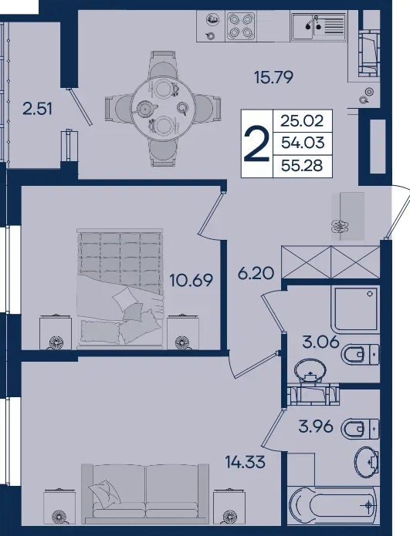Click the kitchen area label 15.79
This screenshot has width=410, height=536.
pos(274,77)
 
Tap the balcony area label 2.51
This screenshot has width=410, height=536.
pos(37,109)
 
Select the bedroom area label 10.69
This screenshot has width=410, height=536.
pos(191,280)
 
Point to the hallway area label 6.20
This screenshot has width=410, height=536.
pos(256,273)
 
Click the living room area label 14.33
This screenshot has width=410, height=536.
pos(245,462)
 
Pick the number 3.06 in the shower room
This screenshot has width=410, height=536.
pos(320,341)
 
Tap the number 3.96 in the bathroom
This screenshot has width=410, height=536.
pos(316,426)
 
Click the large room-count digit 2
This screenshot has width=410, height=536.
pos(256,143)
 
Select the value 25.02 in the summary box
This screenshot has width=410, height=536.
pos(302,121)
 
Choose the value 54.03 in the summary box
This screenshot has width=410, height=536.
pos(303,143)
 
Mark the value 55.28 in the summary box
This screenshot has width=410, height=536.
pos(302,166)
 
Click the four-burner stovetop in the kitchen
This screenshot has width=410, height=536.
pos(241,25)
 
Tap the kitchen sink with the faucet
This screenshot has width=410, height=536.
pos(318,25)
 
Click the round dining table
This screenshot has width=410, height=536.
pos(163,109)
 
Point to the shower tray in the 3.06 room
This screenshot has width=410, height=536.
pos(355,309)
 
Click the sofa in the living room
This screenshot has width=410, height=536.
pos(145,493)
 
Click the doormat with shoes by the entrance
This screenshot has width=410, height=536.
pos(347,216)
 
